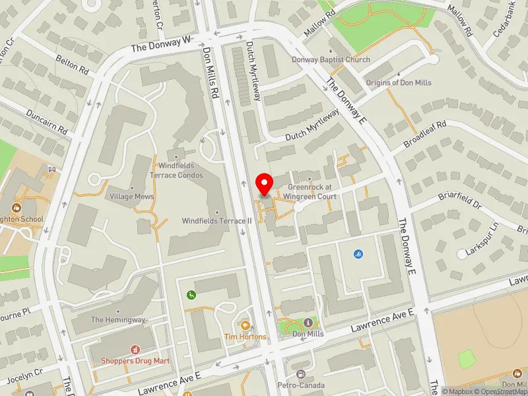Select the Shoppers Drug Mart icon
(135, 349)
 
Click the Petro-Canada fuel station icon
(302, 374)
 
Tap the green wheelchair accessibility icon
(191, 294)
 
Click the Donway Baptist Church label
(331, 60)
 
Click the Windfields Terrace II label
(218, 221)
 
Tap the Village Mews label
(131, 197)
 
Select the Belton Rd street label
(73, 69)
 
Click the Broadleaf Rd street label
(426, 132)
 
